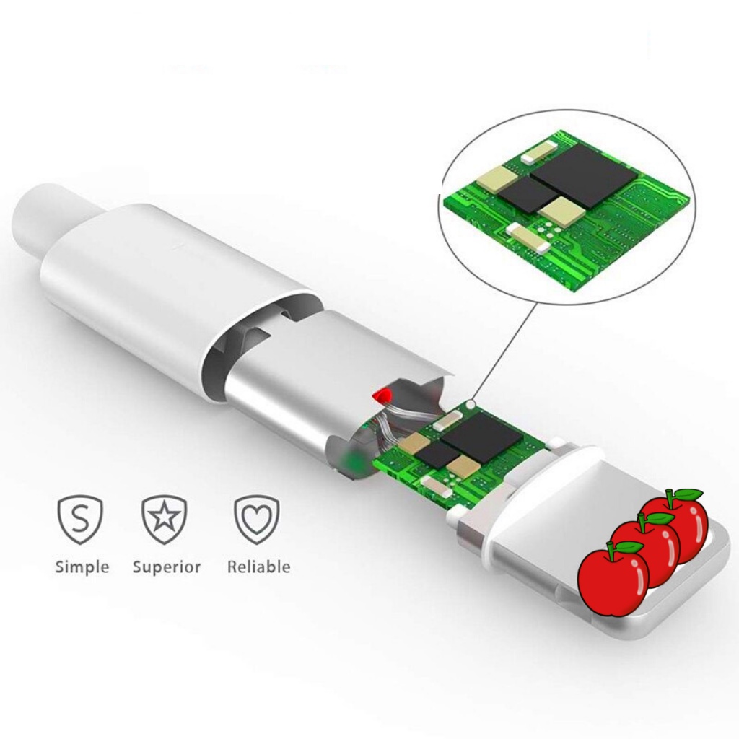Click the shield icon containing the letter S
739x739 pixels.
[80, 519]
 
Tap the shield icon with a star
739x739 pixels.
[165, 519]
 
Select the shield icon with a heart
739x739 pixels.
[256, 519]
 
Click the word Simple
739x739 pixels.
[82, 567]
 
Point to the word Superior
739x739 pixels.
[167, 567]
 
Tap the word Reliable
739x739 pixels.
[258, 567]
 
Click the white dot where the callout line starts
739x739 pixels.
[471, 406]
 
